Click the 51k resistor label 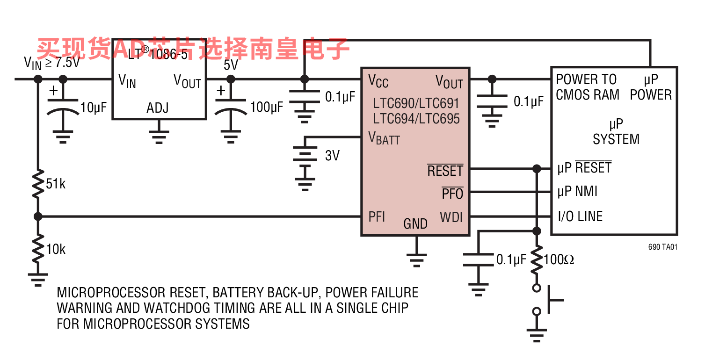pos(56,184)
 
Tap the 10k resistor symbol pos(38,249)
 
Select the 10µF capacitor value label pos(94,108)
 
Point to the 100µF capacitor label pos(267,107)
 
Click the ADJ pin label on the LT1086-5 pos(158,108)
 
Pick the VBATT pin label pos(384,138)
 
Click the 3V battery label pos(332,156)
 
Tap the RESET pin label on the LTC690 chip pos(445,170)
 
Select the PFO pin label pos(452,194)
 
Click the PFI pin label pos(377,216)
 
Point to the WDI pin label pos(451,217)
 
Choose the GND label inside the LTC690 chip pos(415,224)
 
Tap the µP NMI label pos(577,191)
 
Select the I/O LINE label pos(580,216)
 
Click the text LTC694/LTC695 pos(416,119)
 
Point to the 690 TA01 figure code pos(662,247)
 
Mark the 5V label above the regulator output pos(231,65)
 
